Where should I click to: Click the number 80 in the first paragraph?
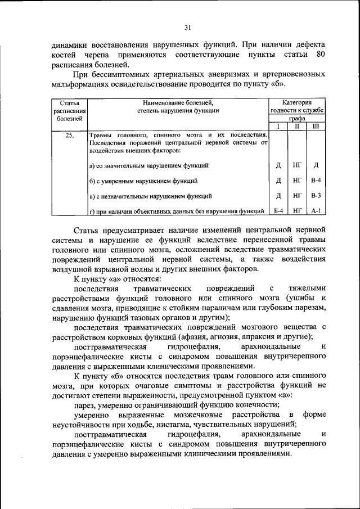coord(320,54)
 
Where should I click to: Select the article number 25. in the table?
coord(69,136)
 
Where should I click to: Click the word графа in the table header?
coord(297,119)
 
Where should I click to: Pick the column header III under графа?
coord(316,127)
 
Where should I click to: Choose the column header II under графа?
coord(297,127)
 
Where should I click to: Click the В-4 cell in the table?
coord(316,181)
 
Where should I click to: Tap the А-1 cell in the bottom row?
coord(316,211)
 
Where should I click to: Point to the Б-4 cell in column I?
coord(278,211)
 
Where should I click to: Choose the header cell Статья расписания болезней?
coord(69,111)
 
